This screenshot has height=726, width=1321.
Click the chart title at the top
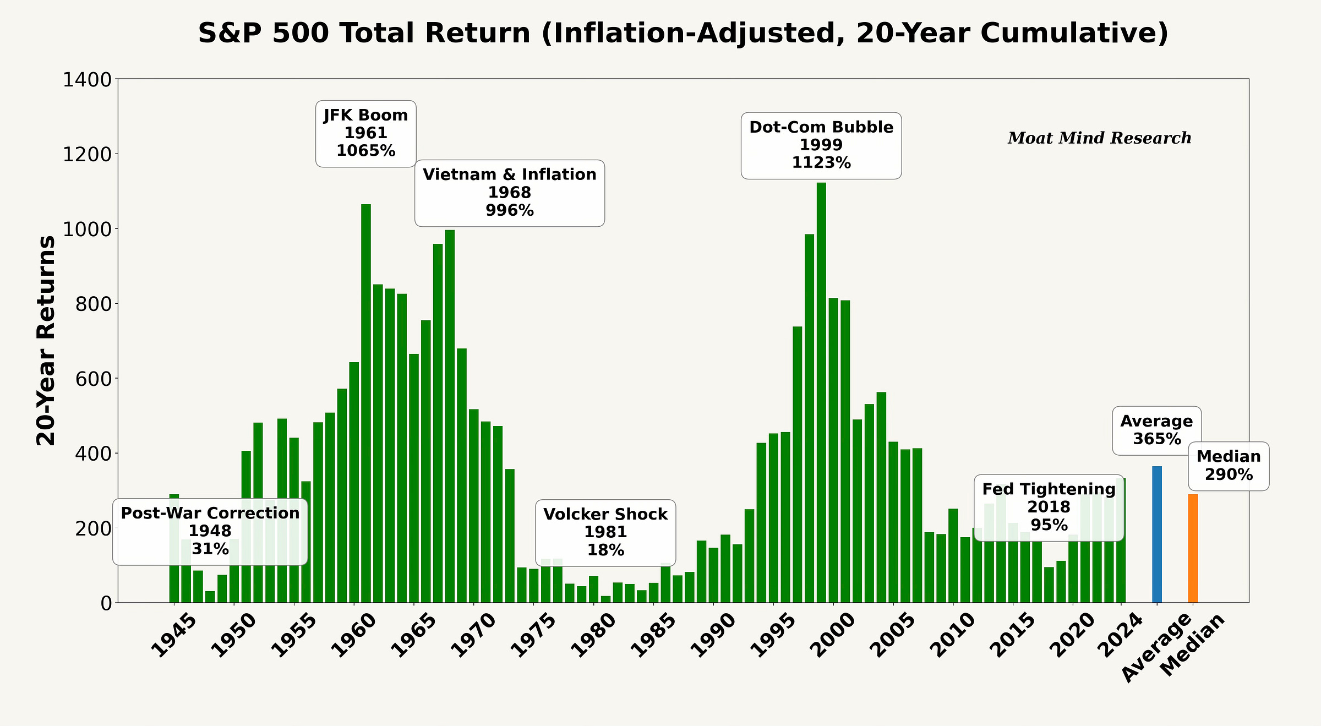click(x=683, y=33)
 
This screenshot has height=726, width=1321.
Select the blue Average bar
click(x=1156, y=534)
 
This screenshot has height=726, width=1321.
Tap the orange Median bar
click(x=1192, y=548)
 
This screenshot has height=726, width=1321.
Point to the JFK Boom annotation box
click(x=365, y=133)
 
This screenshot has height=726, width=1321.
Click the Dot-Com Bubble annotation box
click(x=821, y=145)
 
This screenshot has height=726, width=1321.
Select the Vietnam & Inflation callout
click(x=509, y=193)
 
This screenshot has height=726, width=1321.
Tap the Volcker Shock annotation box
click(x=605, y=532)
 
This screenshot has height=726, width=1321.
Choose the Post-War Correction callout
click(x=210, y=531)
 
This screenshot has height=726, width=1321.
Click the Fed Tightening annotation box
click(x=1049, y=507)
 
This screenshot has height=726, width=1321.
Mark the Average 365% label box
click(x=1156, y=430)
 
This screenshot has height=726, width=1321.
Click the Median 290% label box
click(x=1228, y=466)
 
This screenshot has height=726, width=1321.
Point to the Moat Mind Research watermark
click(x=1099, y=138)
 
